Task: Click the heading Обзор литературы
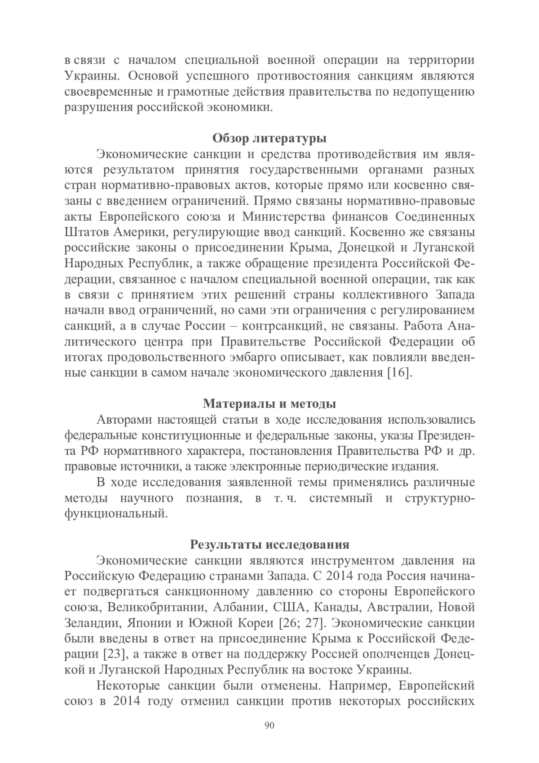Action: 269,138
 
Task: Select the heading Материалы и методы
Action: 269,404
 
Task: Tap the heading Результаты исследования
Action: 269,545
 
